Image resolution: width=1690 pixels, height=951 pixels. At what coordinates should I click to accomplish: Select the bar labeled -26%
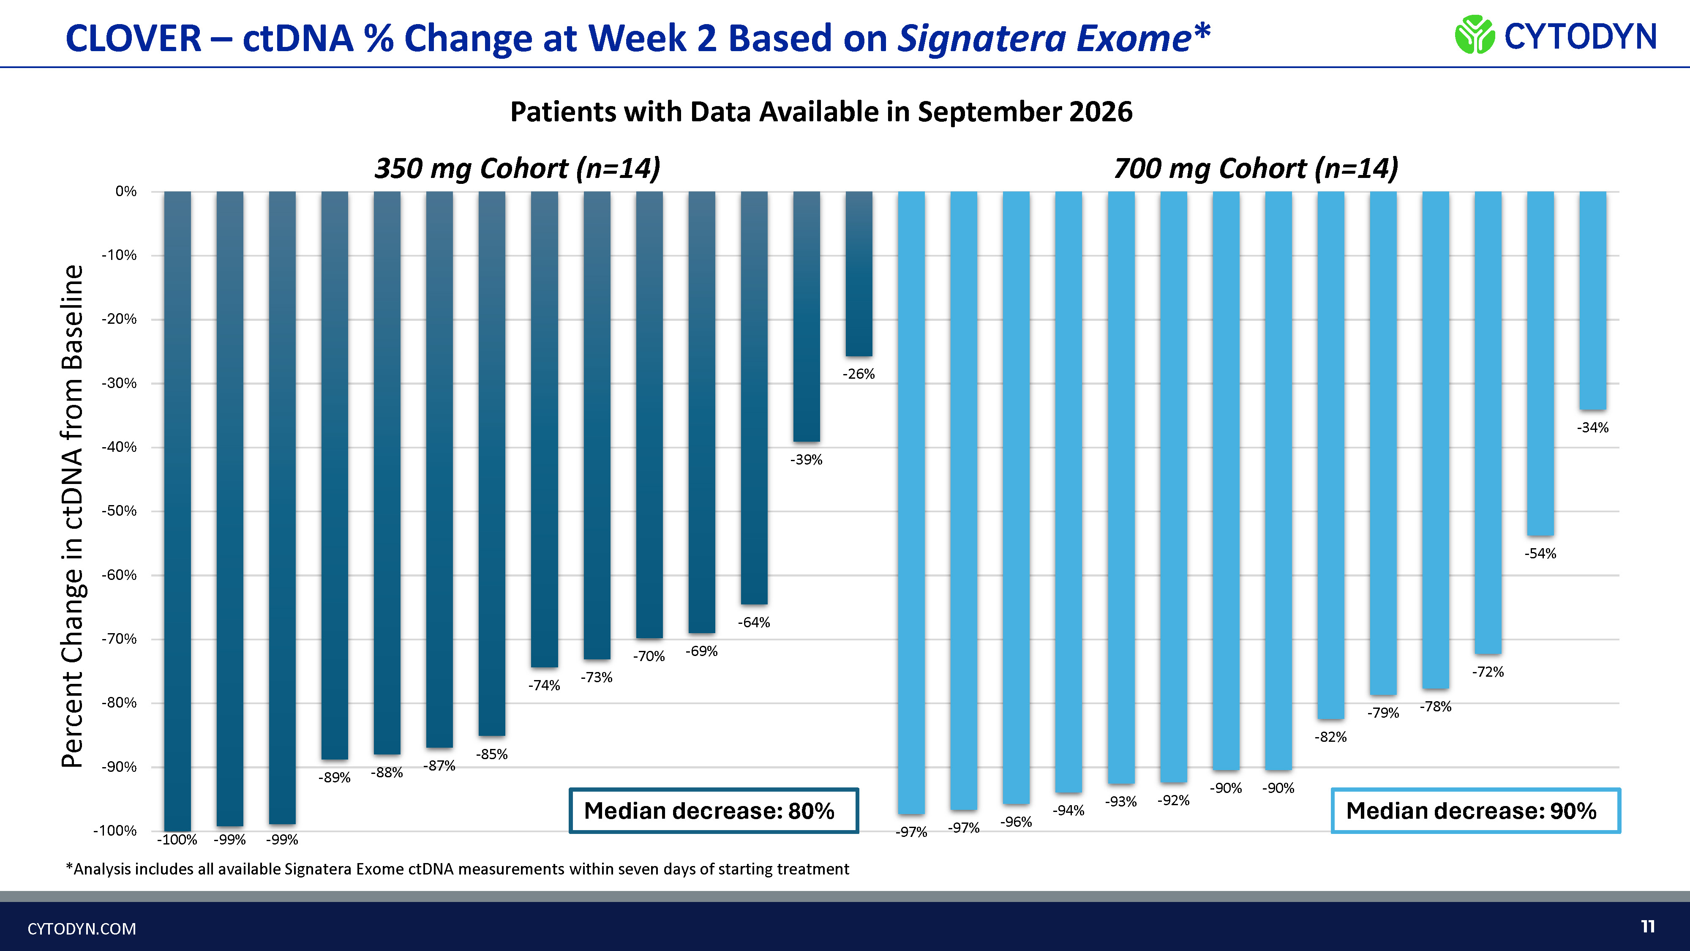pos(859,274)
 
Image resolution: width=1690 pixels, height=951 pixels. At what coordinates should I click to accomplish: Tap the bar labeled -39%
pos(806,316)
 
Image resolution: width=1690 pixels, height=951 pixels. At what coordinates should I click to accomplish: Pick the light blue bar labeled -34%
pos(1593,301)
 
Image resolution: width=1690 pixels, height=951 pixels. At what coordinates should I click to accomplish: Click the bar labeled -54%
pos(1540,363)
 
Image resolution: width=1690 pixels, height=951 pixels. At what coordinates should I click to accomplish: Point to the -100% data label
pos(177,839)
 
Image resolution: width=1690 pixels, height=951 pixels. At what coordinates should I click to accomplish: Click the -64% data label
pos(754,622)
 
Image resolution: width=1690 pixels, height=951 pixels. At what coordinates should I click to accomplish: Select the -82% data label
pos(1330,737)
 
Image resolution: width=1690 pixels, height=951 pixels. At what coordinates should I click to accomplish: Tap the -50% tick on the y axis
pos(119,511)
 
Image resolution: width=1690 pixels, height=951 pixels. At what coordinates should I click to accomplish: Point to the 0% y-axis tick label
pos(126,191)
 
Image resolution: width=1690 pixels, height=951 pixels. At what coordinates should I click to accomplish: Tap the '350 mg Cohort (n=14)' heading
pos(517,168)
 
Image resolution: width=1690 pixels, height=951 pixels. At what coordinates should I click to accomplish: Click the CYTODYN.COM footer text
pos(82,929)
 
